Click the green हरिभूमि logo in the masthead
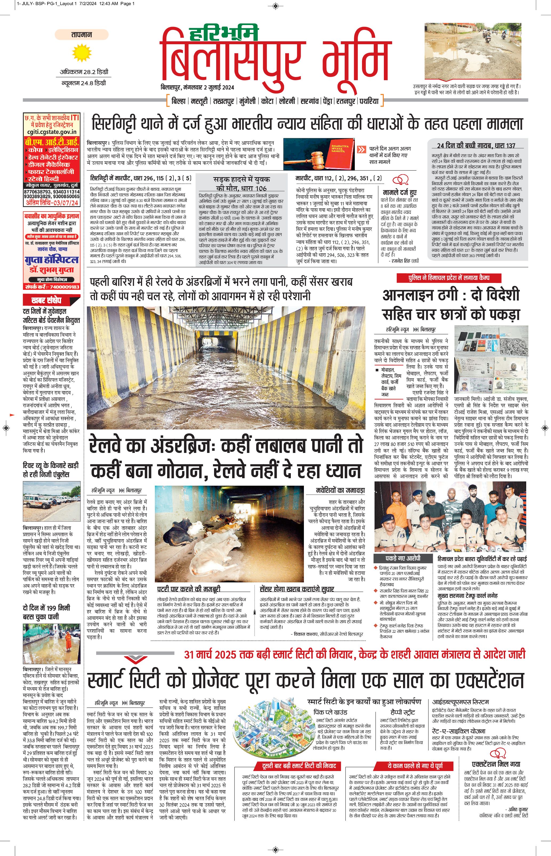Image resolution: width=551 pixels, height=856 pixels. [224, 34]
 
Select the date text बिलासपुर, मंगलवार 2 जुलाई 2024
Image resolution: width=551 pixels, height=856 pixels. [197, 87]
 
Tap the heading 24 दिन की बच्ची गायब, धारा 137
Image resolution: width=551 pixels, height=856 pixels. [476, 145]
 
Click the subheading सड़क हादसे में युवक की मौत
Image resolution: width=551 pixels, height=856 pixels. [242, 183]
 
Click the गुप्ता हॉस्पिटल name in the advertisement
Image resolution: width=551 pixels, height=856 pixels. [51, 260]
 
